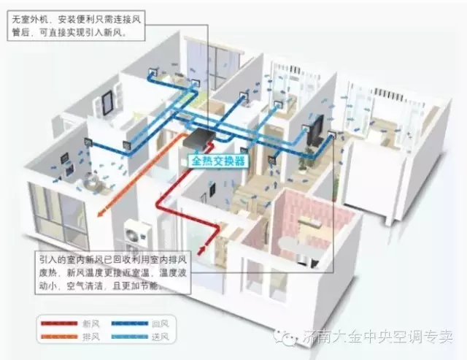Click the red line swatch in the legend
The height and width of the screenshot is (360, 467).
(x=59, y=321)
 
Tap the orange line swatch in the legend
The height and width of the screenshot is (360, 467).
(x=59, y=336)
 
